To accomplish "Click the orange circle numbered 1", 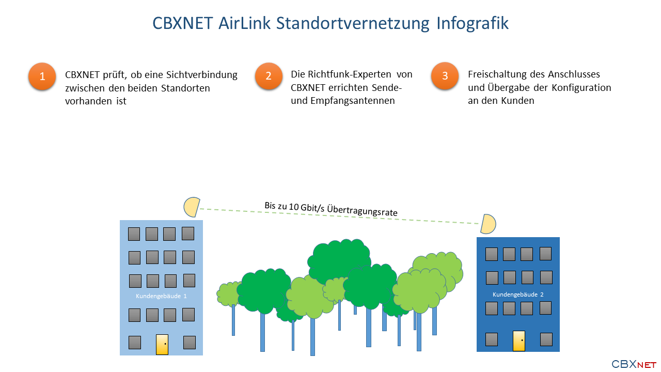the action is click(42, 76).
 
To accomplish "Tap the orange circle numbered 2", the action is click(269, 76).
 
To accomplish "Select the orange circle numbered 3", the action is click(445, 75).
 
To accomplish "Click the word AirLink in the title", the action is click(244, 23).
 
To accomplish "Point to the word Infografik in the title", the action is click(473, 23).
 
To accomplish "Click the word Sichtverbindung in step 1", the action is click(202, 75).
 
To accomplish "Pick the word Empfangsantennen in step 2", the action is click(353, 101).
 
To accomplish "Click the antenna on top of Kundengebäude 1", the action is click(192, 207).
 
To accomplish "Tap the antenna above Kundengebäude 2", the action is click(488, 224).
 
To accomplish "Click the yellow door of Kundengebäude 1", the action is click(162, 344).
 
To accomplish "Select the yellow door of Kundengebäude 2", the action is click(519, 340).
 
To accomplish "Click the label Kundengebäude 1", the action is click(161, 296).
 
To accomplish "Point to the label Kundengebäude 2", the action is click(518, 295).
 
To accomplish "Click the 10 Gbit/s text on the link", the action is click(306, 208).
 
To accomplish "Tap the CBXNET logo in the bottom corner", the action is click(634, 364).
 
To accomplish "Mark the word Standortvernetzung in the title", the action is click(353, 24).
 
